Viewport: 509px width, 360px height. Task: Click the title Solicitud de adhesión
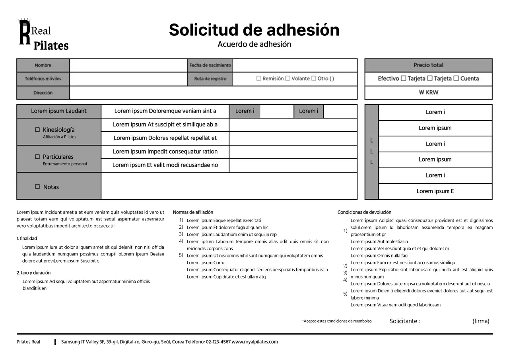pos(254,30)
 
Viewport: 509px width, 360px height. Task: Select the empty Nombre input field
pos(128,65)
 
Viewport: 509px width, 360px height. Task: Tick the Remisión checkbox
pos(259,78)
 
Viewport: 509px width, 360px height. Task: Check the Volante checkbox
pos(288,78)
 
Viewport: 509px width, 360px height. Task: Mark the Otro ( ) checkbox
pos(314,78)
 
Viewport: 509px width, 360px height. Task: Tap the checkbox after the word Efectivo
pos(404,78)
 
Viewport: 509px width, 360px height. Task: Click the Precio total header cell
pos(428,65)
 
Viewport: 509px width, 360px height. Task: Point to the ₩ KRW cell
pos(428,92)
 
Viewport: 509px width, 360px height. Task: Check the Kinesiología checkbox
pos(37,130)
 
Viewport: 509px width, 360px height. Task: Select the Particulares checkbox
pos(37,157)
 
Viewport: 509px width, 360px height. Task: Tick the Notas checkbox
pos(37,187)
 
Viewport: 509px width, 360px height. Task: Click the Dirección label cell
pos(43,93)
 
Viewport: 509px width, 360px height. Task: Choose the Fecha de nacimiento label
pos(210,65)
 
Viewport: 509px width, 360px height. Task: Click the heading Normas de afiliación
pos(193,212)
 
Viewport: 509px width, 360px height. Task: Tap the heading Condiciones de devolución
pos(364,212)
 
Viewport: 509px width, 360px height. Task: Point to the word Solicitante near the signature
pos(404,321)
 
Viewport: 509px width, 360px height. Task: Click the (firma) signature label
pos(481,321)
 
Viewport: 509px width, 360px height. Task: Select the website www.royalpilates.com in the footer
pos(254,342)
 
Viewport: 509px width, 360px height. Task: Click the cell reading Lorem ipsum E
pos(435,191)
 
